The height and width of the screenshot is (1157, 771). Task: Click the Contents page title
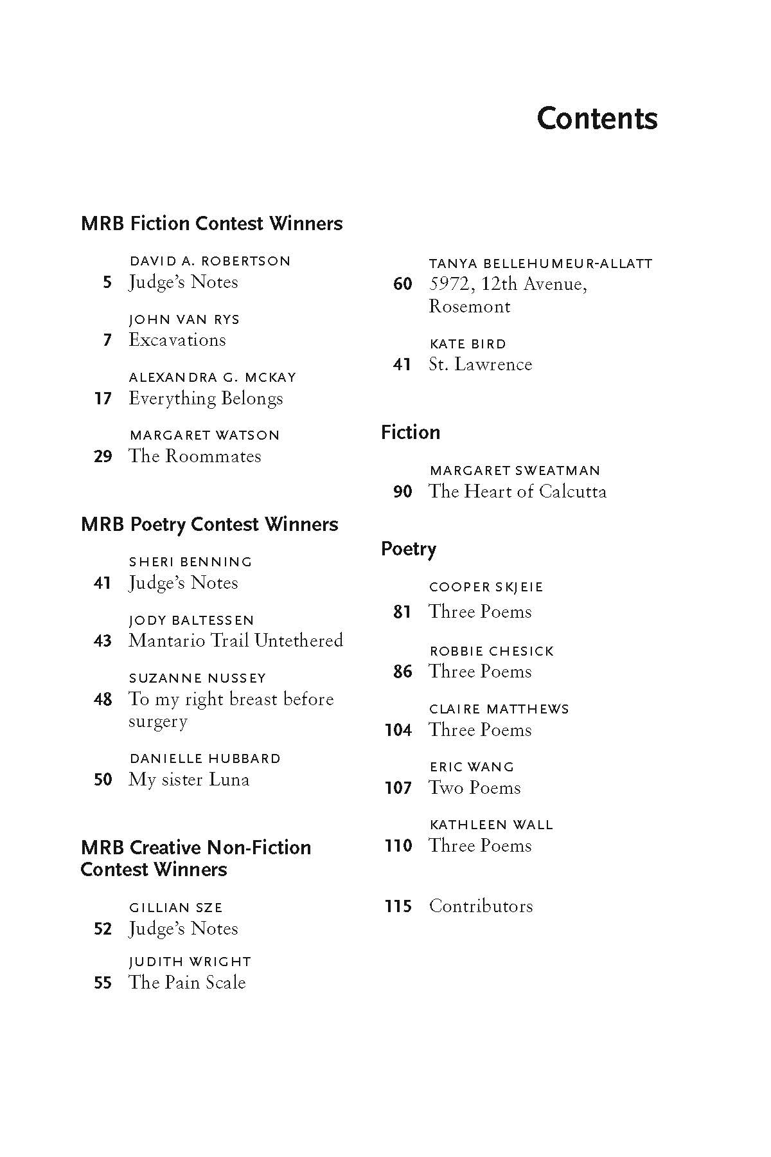(x=597, y=119)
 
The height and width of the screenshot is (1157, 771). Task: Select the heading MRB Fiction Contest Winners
(x=211, y=224)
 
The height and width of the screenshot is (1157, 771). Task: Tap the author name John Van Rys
(x=184, y=319)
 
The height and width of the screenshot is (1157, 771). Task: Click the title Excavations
(x=177, y=340)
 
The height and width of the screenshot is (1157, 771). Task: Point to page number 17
(x=103, y=399)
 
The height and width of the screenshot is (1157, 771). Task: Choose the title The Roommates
(x=195, y=456)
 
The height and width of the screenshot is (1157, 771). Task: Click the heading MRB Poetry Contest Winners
(x=209, y=525)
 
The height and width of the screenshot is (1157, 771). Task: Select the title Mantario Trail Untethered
(x=236, y=641)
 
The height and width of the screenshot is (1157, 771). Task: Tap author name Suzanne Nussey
(x=197, y=678)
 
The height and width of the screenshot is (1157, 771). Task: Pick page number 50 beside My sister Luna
(x=103, y=780)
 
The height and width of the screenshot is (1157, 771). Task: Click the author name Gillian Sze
(x=175, y=908)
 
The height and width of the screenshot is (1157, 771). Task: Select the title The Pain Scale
(x=187, y=983)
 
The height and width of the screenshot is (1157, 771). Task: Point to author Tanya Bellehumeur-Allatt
(x=540, y=264)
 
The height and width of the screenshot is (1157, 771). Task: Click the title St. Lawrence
(x=481, y=364)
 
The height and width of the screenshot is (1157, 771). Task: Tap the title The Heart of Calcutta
(x=517, y=492)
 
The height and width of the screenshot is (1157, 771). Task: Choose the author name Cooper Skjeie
(x=486, y=587)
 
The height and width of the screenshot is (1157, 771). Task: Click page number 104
(x=398, y=730)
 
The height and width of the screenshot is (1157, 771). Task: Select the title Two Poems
(x=475, y=788)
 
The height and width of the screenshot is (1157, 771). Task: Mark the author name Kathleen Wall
(x=491, y=825)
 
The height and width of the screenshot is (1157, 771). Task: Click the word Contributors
(x=481, y=906)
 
